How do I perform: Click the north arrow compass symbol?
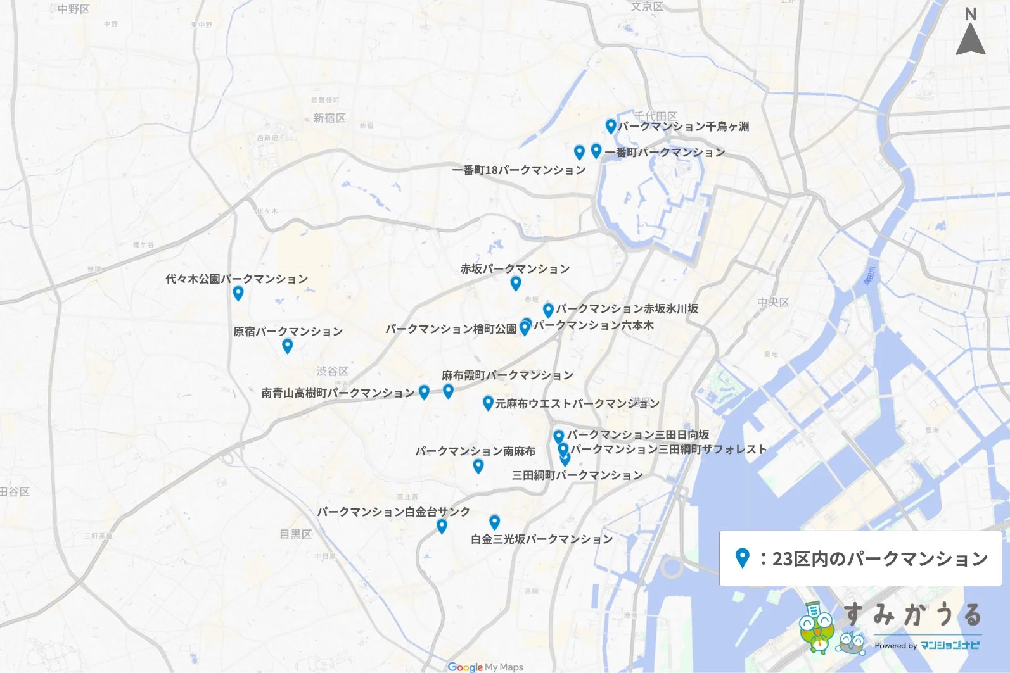pyautogui.click(x=970, y=32)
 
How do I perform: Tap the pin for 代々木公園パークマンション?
pyautogui.click(x=238, y=293)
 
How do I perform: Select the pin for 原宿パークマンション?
pyautogui.click(x=287, y=346)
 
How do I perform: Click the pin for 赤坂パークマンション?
pyautogui.click(x=516, y=283)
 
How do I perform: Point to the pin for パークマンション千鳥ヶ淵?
pyautogui.click(x=610, y=126)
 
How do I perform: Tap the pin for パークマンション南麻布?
pyautogui.click(x=478, y=466)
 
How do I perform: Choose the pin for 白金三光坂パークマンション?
pyautogui.click(x=494, y=522)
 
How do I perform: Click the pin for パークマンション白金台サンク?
pyautogui.click(x=442, y=526)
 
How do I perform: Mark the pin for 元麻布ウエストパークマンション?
pyautogui.click(x=487, y=403)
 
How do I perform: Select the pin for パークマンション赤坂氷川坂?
pyautogui.click(x=548, y=310)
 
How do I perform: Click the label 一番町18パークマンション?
pyautogui.click(x=518, y=170)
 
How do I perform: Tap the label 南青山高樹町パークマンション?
pyautogui.click(x=338, y=393)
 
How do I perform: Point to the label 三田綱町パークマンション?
pyautogui.click(x=577, y=475)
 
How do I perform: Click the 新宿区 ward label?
pyautogui.click(x=329, y=118)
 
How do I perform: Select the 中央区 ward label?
pyautogui.click(x=773, y=303)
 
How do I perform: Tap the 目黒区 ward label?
pyautogui.click(x=296, y=534)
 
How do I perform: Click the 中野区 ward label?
pyautogui.click(x=74, y=9)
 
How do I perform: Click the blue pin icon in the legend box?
pyautogui.click(x=742, y=558)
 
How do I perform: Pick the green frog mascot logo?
pyautogui.click(x=817, y=627)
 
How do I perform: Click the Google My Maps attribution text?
pyautogui.click(x=485, y=667)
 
